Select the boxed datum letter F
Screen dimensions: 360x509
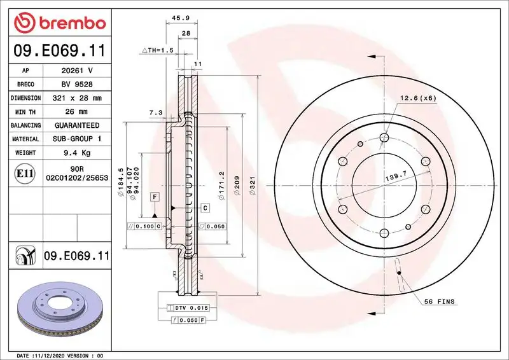point(155,197)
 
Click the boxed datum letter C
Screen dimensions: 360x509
point(205,208)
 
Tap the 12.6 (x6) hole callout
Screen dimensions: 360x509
point(417,98)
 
